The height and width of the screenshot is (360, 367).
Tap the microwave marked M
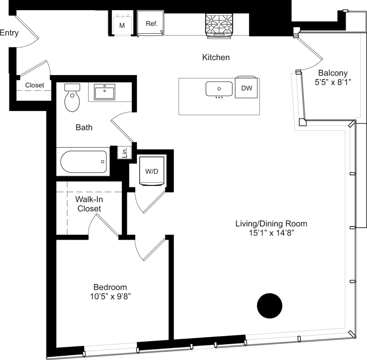pyautogui.click(x=122, y=24)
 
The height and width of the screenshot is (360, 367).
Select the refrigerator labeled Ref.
pyautogui.click(x=151, y=24)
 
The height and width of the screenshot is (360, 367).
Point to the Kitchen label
pyautogui.click(x=216, y=57)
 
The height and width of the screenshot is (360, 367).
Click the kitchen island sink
pyautogui.click(x=219, y=89)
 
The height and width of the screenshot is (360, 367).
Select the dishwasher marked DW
pyautogui.click(x=247, y=88)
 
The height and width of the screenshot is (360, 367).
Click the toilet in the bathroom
pyautogui.click(x=72, y=98)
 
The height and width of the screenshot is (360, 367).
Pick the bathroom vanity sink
pyautogui.click(x=104, y=91)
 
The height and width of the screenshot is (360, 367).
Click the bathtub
pyautogui.click(x=84, y=162)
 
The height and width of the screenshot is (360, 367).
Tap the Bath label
pyautogui.click(x=84, y=127)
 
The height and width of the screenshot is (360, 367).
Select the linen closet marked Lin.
pyautogui.click(x=124, y=153)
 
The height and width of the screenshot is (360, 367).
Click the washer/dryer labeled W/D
pyautogui.click(x=151, y=171)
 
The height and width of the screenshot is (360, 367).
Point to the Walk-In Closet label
pyautogui.click(x=89, y=204)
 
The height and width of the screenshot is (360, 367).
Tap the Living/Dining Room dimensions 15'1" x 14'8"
pyautogui.click(x=271, y=233)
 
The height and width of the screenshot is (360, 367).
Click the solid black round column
pyautogui.click(x=269, y=305)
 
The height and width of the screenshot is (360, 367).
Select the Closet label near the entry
pyautogui.click(x=34, y=85)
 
